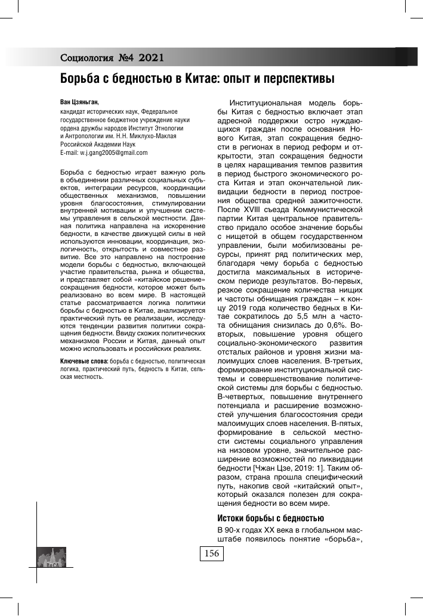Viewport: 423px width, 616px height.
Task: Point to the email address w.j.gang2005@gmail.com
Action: click(x=113, y=153)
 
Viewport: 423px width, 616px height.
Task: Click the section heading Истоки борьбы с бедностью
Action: click(x=270, y=517)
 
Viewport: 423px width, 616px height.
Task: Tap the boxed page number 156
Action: click(x=212, y=554)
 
